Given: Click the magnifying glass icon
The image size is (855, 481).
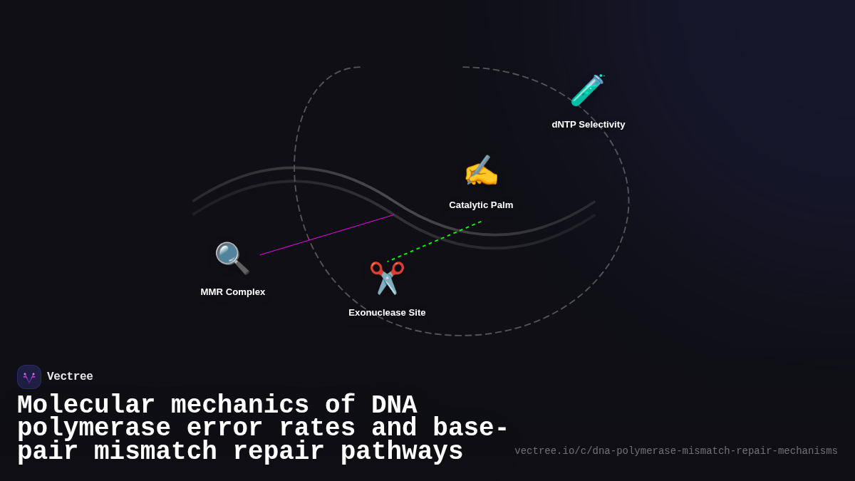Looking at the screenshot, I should pos(232,258).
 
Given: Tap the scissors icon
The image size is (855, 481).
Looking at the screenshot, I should pos(387,278).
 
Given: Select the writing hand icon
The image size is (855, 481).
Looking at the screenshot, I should pos(481,172).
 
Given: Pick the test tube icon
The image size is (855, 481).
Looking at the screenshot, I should pos(588,90).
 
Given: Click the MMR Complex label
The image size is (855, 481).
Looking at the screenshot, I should pos(233,292).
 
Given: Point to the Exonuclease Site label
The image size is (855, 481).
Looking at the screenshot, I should pos(387,313).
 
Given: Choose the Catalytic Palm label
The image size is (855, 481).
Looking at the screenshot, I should pos(481,205).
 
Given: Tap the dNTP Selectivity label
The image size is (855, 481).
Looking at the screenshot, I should pos(589,125).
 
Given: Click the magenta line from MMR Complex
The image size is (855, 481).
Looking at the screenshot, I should pos(326,234).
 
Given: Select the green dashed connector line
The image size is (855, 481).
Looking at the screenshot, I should pos(435,242).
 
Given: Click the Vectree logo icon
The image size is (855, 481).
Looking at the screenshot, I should pos(29,377).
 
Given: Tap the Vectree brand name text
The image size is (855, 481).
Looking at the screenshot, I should pos(70,377).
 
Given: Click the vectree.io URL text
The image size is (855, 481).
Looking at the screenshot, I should pos(676,451).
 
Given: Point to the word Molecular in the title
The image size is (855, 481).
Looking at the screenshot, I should pos(85,405).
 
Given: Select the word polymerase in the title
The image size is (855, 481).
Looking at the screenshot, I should pos(93,428).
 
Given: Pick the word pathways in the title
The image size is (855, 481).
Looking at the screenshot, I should pos(402,452).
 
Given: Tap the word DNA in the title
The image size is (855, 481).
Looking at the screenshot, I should pos(394,405).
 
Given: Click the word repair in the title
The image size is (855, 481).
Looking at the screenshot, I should pos(279,452).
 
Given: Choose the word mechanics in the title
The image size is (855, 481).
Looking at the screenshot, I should pos(239,405).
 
